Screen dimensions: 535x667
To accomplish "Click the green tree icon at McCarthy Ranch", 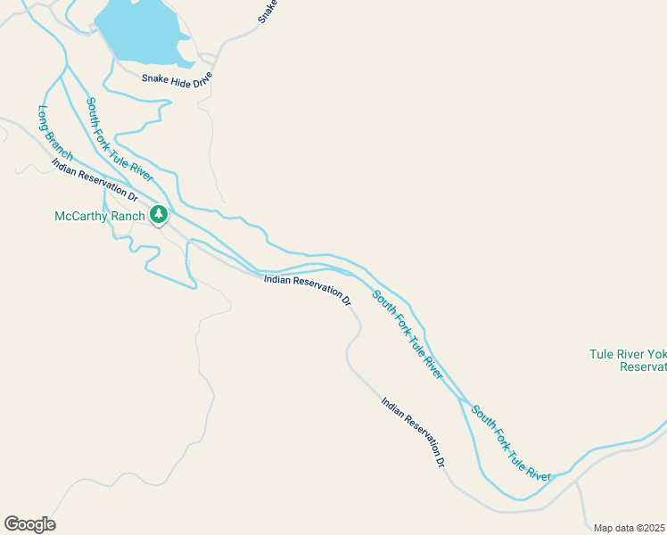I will pyautogui.click(x=159, y=214).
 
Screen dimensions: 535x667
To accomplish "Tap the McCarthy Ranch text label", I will pyautogui.click(x=99, y=216).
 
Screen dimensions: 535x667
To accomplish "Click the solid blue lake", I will pyautogui.click(x=138, y=31).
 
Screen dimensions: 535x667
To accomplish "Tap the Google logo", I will pyautogui.click(x=29, y=524).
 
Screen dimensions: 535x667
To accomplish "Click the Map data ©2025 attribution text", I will pyautogui.click(x=630, y=528).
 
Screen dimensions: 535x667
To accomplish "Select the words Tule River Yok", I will pyautogui.click(x=628, y=354).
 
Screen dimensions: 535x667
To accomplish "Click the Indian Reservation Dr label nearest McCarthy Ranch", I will pyautogui.click(x=95, y=178).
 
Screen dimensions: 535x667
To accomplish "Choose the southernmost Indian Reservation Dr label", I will pyautogui.click(x=413, y=432).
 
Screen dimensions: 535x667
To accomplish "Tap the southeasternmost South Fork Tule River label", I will pyautogui.click(x=511, y=444).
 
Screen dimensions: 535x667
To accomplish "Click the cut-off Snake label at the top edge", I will pyautogui.click(x=268, y=11).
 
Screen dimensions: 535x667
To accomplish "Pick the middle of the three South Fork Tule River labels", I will pyautogui.click(x=408, y=334).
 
